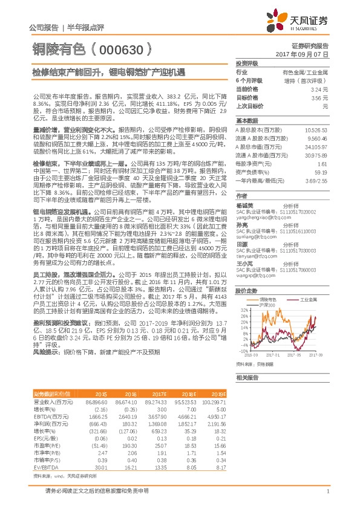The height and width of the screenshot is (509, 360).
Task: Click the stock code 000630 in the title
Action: tap(121, 49)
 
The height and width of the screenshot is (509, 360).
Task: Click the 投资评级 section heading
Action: tap(247, 63)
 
